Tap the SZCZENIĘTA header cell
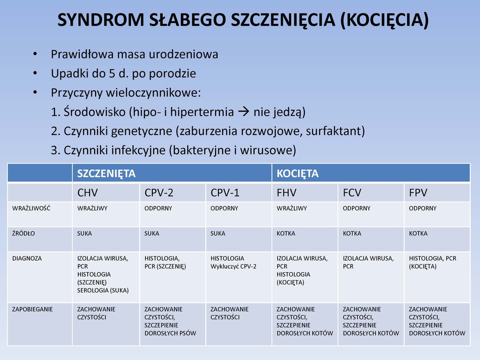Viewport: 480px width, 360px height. [106, 173]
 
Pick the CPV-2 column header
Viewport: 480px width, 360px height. [159, 193]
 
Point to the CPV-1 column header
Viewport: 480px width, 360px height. [225, 193]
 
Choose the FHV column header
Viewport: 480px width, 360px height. [286, 193]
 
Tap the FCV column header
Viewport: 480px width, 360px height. [352, 193]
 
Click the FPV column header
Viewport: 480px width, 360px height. [418, 193]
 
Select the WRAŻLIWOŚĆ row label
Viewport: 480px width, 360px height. [31, 208]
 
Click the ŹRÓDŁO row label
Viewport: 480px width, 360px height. [23, 233]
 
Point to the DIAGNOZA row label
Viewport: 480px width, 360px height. [27, 258]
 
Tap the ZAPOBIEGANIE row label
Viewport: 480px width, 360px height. [33, 309]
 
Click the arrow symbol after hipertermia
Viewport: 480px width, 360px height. [244, 112]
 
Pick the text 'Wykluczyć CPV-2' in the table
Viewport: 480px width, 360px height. [233, 266]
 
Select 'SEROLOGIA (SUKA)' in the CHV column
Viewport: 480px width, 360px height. [103, 290]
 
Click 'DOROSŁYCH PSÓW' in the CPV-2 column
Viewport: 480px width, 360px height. [170, 333]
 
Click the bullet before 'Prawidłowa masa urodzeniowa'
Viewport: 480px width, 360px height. [35, 54]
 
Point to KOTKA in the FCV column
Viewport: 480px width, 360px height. [352, 233]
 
